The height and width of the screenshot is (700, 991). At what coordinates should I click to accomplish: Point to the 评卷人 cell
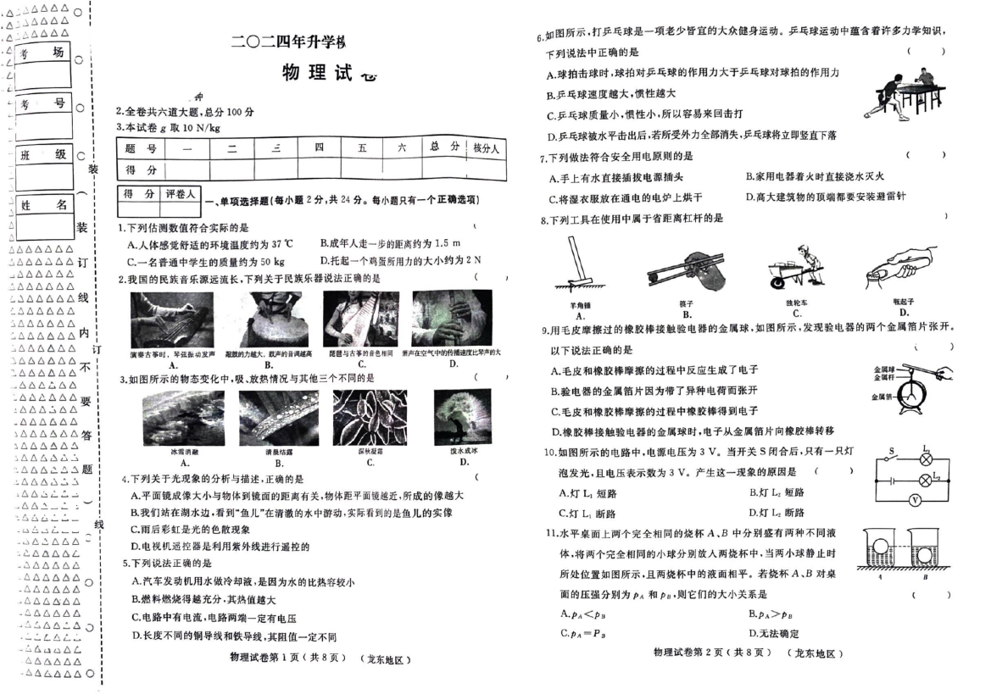tap(180, 195)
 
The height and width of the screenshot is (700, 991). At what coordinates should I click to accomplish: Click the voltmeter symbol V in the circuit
tap(915, 500)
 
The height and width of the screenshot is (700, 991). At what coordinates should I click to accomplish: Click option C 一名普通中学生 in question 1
tap(206, 260)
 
